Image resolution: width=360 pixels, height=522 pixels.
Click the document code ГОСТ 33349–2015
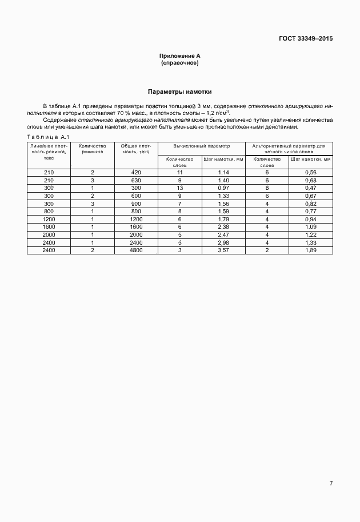[x=306, y=39]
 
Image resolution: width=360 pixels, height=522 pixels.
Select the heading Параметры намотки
[x=180, y=91]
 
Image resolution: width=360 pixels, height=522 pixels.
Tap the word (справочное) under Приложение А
[x=180, y=62]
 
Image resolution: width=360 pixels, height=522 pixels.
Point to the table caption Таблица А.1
[x=48, y=136]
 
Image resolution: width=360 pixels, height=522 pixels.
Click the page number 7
[x=331, y=483]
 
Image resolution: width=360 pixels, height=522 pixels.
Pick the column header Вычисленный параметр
[x=201, y=146]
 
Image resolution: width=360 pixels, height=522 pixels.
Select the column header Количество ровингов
[x=92, y=150]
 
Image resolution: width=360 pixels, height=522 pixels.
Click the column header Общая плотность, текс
[x=136, y=150]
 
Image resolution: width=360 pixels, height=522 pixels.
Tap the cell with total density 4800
[x=136, y=250]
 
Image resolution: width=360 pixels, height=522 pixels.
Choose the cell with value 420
[x=136, y=172]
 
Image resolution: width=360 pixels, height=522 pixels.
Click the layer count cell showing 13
[x=179, y=188]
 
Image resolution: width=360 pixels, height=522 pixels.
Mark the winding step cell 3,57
[x=223, y=250]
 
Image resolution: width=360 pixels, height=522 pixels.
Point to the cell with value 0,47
[x=311, y=188]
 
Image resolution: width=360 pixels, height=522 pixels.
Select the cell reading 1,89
[x=311, y=250]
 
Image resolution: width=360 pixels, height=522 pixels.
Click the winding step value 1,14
[x=223, y=172]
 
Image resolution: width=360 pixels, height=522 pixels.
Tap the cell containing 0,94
[x=311, y=219]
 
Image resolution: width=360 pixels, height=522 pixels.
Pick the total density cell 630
[x=136, y=180]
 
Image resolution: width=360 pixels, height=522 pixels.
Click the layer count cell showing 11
[x=179, y=172]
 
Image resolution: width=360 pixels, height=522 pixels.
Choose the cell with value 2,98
[x=223, y=242]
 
